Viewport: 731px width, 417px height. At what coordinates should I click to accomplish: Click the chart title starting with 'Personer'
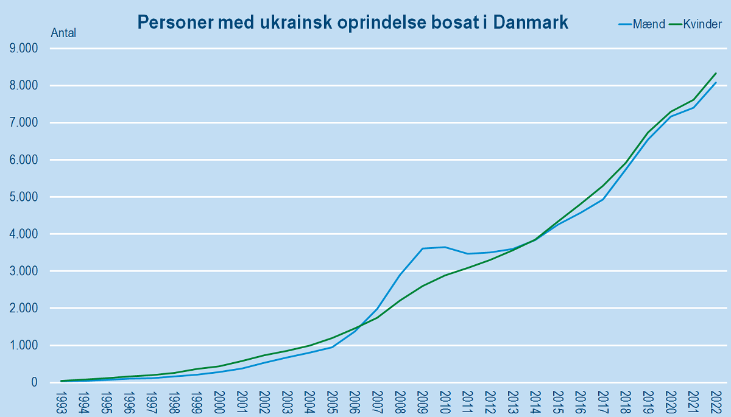[353, 23]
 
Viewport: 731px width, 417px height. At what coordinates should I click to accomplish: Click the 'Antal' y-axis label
[63, 33]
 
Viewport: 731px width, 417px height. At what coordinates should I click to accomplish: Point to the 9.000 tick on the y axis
[21, 49]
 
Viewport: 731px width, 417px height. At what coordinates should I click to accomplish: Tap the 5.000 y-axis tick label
[21, 197]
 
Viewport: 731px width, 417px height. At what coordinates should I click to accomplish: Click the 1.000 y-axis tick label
[21, 346]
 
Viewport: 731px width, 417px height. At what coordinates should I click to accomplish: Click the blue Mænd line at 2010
[445, 247]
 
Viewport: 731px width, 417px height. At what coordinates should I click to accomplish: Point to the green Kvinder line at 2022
[715, 74]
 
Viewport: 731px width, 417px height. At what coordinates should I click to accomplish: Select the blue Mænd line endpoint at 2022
[715, 83]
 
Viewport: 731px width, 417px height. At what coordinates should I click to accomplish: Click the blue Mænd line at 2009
[423, 248]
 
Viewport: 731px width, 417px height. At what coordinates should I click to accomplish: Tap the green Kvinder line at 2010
[445, 275]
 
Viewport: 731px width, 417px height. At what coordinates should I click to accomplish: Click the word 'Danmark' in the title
[531, 23]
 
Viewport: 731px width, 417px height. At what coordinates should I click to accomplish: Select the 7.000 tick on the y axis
[21, 123]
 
